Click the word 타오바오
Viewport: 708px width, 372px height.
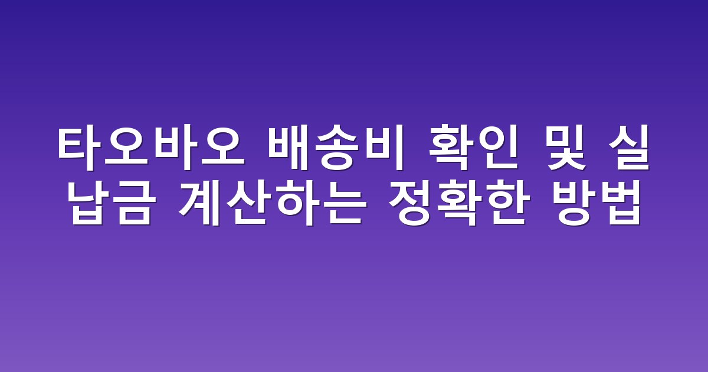(x=151, y=148)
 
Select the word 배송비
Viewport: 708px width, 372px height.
(x=336, y=148)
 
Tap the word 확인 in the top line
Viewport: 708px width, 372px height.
(x=473, y=148)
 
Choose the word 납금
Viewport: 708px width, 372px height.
(x=112, y=203)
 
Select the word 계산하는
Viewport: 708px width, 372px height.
(x=273, y=203)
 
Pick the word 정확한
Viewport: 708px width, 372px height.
(x=459, y=203)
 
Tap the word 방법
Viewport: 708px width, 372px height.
(x=596, y=203)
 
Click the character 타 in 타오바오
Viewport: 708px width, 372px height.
(x=80, y=148)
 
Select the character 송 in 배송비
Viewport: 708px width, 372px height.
(x=336, y=148)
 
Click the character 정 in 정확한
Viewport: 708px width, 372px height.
(x=410, y=203)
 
